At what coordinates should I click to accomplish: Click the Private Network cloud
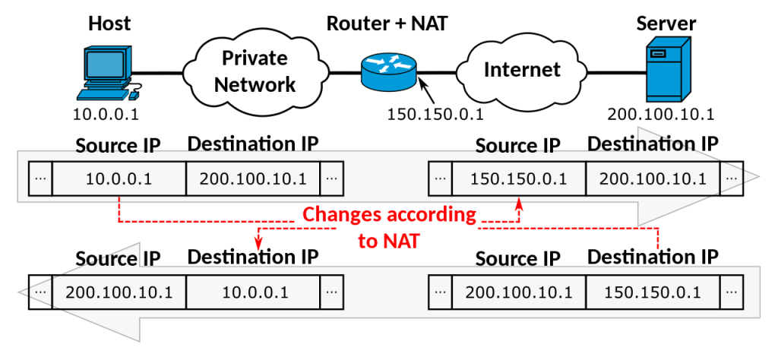[254, 71]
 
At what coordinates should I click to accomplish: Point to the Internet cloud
[522, 70]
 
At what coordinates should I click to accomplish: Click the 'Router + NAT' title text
[387, 23]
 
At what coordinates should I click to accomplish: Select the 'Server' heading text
[666, 24]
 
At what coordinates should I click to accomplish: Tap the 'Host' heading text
[109, 24]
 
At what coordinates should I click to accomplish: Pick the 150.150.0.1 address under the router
[435, 115]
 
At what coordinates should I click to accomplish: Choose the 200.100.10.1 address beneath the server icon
[661, 115]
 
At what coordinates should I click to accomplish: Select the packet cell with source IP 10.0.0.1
[119, 179]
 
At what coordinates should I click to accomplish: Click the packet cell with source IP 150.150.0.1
[518, 180]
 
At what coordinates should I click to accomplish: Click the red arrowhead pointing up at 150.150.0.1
[519, 204]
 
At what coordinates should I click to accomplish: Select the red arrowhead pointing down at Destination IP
[258, 244]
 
